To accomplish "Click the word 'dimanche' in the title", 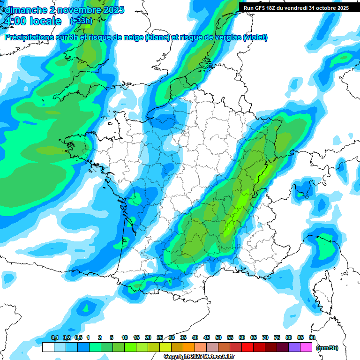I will coord(26,10).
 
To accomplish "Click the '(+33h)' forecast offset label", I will coord(81,21).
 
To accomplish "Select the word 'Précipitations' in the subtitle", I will coord(30,37).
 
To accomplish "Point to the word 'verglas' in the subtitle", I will coord(225,37).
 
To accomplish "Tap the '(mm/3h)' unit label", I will coord(327,347).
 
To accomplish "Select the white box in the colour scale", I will coord(48,347).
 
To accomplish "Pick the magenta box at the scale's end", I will coord(306,347).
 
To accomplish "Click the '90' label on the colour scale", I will coord(312,337).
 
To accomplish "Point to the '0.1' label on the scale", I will coord(54,337).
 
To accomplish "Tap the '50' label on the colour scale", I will coord(218,337).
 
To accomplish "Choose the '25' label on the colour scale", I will coord(160,337).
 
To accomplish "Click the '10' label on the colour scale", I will coord(125,337).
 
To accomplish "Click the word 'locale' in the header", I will coord(45,22).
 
